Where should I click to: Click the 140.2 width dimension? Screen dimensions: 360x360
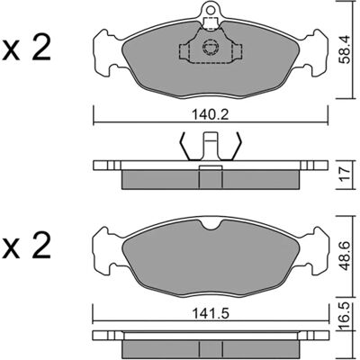pyautogui.click(x=211, y=114)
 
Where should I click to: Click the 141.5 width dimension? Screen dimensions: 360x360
pyautogui.click(x=211, y=314)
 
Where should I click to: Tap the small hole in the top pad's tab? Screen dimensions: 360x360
pyautogui.click(x=211, y=10)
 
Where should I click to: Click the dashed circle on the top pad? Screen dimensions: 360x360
pyautogui.click(x=211, y=47)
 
